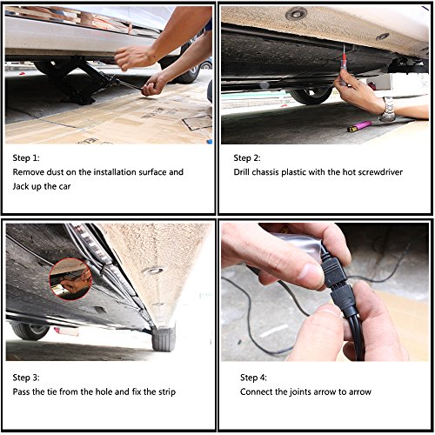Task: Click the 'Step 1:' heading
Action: coord(26,158)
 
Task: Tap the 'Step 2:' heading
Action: coord(247,158)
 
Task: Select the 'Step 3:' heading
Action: coord(26,378)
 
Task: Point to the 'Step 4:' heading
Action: coord(253,378)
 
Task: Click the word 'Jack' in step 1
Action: coord(21,186)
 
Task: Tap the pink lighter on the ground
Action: coord(359,126)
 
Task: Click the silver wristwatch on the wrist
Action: coord(388,110)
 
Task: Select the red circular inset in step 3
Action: coord(70,279)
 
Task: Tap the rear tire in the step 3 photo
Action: coord(164,338)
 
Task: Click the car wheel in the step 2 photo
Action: coord(311,95)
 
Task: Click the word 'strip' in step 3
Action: coord(167,392)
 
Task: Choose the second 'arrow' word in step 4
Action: coord(360,392)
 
